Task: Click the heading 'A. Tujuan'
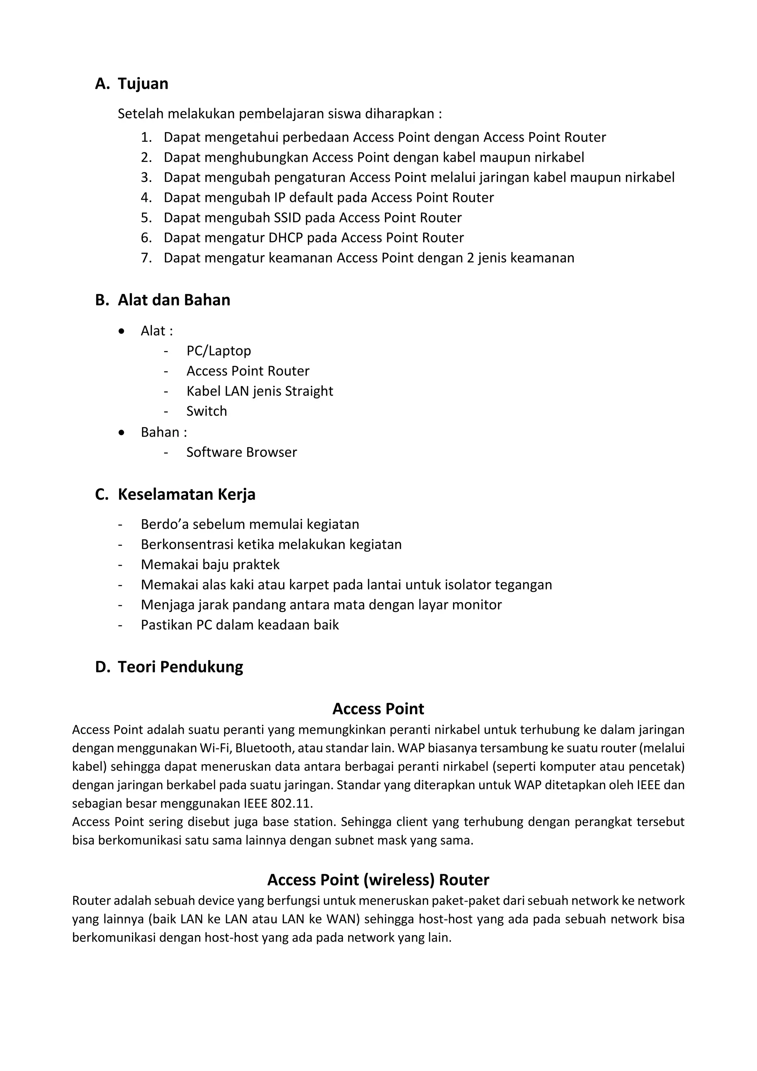[132, 84]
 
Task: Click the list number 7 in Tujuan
[146, 258]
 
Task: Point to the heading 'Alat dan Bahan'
[174, 300]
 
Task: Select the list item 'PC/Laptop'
[218, 351]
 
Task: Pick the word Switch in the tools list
[207, 411]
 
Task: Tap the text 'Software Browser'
[241, 452]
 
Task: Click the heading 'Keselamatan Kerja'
[186, 494]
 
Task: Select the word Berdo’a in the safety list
[164, 525]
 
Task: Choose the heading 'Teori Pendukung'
[180, 667]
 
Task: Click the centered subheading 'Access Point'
[378, 709]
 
